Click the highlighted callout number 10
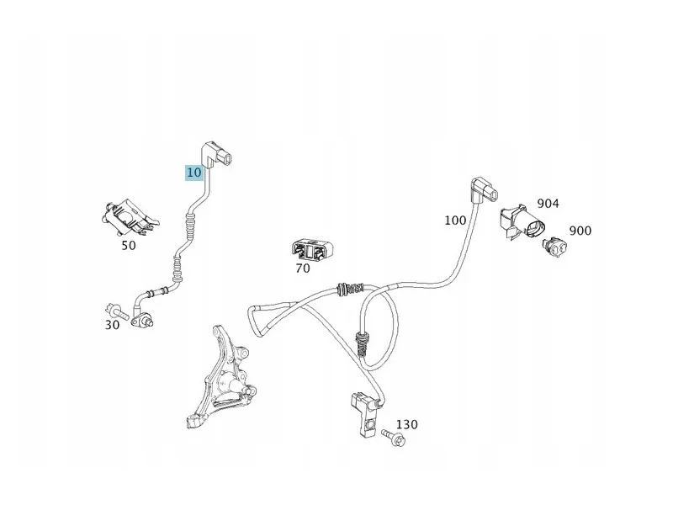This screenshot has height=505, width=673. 194,173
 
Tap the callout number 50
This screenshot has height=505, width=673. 129,246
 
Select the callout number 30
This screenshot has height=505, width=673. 112,325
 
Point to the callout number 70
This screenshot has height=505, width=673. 303,268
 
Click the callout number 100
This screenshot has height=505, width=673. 455,221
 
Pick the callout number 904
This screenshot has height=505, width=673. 548,203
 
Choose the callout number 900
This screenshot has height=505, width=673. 580,231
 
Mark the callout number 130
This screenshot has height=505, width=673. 406,424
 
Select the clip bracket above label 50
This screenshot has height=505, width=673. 129,217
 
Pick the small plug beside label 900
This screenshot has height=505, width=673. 555,247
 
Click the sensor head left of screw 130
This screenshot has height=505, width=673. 365,414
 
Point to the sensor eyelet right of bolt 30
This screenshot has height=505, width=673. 142,320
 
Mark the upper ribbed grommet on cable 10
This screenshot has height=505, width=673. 191,226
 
